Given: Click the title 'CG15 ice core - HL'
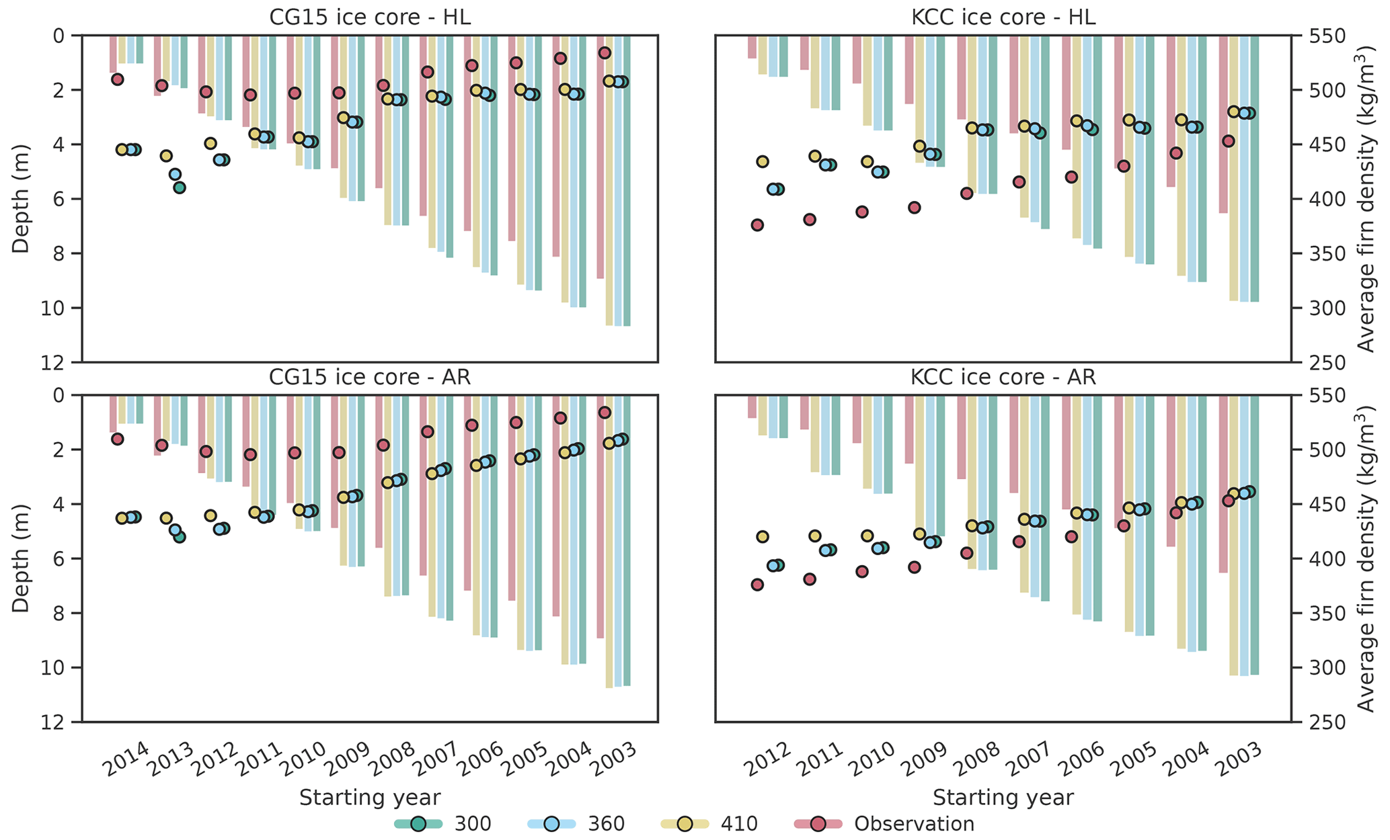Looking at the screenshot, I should click(370, 17).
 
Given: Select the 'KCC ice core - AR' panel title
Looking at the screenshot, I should click(1003, 377).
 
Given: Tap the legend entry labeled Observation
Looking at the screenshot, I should click(914, 823).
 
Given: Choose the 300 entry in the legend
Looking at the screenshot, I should click(472, 823).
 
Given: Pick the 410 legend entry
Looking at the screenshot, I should click(738, 823).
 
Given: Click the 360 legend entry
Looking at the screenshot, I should click(606, 823).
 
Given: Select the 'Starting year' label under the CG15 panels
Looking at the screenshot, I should click(370, 798).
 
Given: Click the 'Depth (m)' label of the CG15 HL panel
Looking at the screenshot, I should click(22, 198).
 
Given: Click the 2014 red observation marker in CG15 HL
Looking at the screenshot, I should click(117, 79).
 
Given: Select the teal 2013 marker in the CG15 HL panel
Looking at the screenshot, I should click(180, 187).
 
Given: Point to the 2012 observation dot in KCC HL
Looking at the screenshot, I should click(757, 225).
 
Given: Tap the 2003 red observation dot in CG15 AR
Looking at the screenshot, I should click(605, 413).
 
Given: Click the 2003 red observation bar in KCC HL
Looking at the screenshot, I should click(1223, 134).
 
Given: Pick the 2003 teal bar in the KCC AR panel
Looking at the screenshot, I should click(1254, 538).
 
